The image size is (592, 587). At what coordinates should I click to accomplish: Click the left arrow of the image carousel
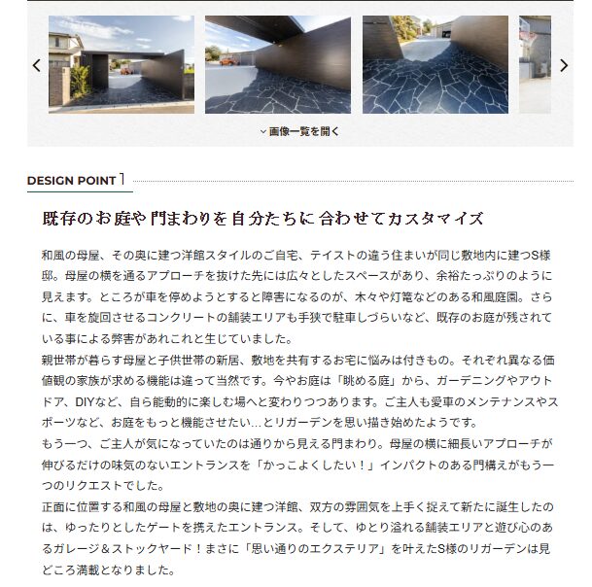pyautogui.click(x=36, y=66)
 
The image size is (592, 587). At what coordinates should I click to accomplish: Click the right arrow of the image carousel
pyautogui.click(x=564, y=66)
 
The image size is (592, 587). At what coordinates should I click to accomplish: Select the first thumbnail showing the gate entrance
pyautogui.click(x=122, y=64)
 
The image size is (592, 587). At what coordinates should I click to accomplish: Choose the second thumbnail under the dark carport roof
pyautogui.click(x=278, y=64)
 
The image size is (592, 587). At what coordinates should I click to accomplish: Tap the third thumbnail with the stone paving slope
pyautogui.click(x=435, y=64)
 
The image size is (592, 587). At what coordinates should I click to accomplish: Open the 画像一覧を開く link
pyautogui.click(x=300, y=131)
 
